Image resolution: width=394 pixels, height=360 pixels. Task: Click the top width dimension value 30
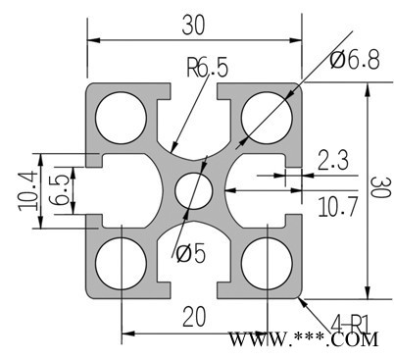click(x=194, y=26)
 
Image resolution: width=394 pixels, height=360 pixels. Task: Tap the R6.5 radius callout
click(x=207, y=67)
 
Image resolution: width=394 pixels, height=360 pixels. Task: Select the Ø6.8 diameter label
click(x=355, y=60)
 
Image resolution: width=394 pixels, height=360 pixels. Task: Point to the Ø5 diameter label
click(x=191, y=253)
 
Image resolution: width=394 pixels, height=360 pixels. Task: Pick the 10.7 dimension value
click(x=338, y=207)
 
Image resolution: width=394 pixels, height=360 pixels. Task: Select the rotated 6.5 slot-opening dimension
click(x=59, y=190)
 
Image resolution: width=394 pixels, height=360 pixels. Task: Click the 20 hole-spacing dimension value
click(x=194, y=317)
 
